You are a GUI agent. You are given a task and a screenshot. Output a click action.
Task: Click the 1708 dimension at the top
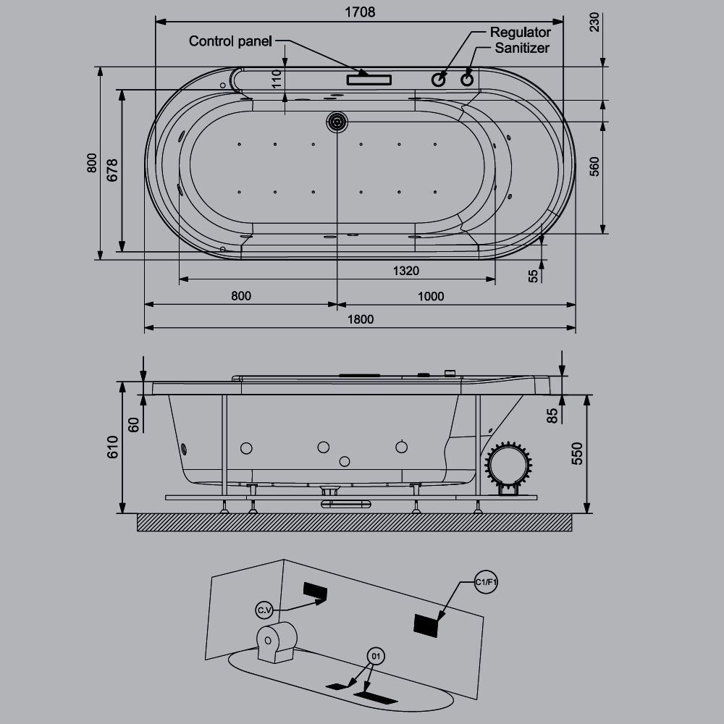pyautogui.click(x=360, y=12)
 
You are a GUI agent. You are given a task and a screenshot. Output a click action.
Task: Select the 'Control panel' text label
pyautogui.click(x=230, y=41)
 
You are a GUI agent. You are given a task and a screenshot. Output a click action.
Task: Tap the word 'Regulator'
pyautogui.click(x=520, y=33)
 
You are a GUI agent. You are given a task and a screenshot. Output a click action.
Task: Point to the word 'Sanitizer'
pyautogui.click(x=521, y=49)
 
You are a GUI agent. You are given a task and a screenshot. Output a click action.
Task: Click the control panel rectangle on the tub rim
pyautogui.click(x=369, y=79)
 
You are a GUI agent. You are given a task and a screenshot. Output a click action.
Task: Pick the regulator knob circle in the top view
pyautogui.click(x=439, y=79)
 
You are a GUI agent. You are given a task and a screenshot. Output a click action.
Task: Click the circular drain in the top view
pyautogui.click(x=337, y=122)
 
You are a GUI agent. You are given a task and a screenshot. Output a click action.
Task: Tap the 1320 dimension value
pyautogui.click(x=406, y=271)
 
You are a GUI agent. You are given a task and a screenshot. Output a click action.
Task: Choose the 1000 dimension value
pyautogui.click(x=431, y=295)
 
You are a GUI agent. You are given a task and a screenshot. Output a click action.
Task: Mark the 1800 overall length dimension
pyautogui.click(x=360, y=319)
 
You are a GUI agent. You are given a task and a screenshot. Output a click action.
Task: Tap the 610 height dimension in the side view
pyautogui.click(x=111, y=447)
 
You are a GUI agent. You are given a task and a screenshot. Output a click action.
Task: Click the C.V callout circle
pyautogui.click(x=264, y=611)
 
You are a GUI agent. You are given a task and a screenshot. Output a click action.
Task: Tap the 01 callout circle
pyautogui.click(x=375, y=657)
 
